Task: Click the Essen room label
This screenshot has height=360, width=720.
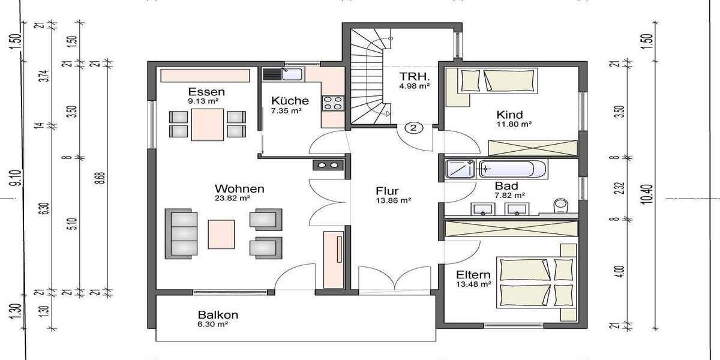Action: coord(206,92)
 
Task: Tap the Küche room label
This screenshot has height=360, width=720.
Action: coord(290,101)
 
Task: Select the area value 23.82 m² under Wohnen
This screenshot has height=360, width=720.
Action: coord(232,197)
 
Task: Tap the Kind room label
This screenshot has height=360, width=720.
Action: coord(509,115)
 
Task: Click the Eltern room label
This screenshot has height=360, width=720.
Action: coord(473,274)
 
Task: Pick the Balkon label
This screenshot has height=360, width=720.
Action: coord(218,314)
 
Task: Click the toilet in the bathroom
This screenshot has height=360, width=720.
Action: coord(562,206)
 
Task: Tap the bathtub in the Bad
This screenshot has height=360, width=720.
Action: coord(513,169)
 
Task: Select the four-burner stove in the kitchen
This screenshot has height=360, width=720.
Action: coord(332,103)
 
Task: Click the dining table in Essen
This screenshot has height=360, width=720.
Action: coord(208,124)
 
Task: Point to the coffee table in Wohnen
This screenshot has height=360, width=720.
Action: coord(222,234)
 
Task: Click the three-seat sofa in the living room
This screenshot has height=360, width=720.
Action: coord(181,234)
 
